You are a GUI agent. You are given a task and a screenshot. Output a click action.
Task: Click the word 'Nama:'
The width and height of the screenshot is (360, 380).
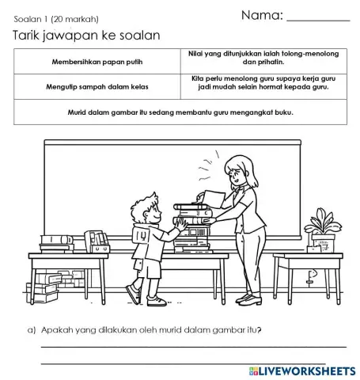pos(261,15)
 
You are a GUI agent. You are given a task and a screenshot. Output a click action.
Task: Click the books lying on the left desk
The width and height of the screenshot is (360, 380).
pos(59,245)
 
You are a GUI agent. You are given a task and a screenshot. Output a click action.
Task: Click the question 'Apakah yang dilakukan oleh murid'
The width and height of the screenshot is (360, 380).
pos(150,330)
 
